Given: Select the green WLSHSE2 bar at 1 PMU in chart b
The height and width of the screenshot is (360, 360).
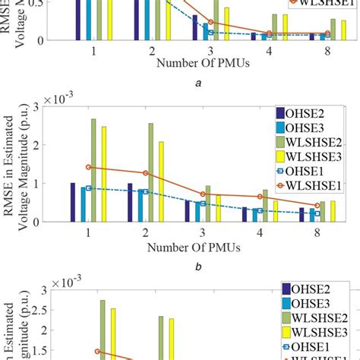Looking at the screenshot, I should [94, 170].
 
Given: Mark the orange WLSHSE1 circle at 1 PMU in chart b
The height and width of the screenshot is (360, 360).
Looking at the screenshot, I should [89, 167].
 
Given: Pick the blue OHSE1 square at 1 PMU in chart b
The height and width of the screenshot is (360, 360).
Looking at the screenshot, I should [89, 188].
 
